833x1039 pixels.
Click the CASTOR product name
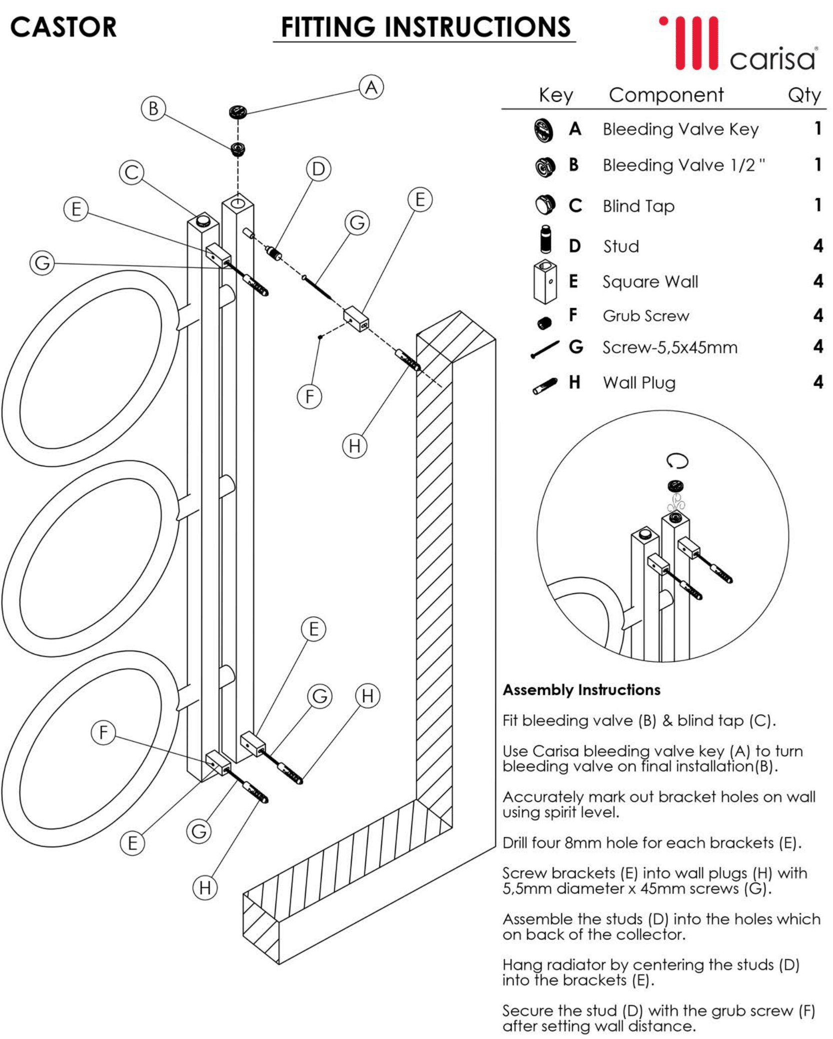pyautogui.click(x=63, y=27)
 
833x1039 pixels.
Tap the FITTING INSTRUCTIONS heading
pyautogui.click(x=425, y=27)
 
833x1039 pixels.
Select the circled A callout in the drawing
pyautogui.click(x=371, y=87)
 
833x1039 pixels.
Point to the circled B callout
pyautogui.click(x=153, y=108)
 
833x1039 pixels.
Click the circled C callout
pyautogui.click(x=131, y=172)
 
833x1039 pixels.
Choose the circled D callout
pyautogui.click(x=318, y=169)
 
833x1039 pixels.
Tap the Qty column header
pyautogui.click(x=804, y=95)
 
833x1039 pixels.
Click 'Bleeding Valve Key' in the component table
pyautogui.click(x=681, y=129)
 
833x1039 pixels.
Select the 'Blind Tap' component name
pyautogui.click(x=639, y=206)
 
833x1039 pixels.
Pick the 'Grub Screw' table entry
pyautogui.click(x=646, y=316)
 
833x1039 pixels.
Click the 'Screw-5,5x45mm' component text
pyautogui.click(x=670, y=347)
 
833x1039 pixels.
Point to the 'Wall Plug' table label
pyautogui.click(x=639, y=383)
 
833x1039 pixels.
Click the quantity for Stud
pyautogui.click(x=818, y=245)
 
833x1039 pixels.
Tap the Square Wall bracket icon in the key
pyautogui.click(x=545, y=282)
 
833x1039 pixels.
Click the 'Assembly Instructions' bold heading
pyautogui.click(x=582, y=690)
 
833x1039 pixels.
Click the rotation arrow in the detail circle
pyautogui.click(x=677, y=461)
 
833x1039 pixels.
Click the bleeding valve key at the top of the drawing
pyautogui.click(x=238, y=111)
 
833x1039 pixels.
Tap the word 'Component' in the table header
pyautogui.click(x=666, y=95)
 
